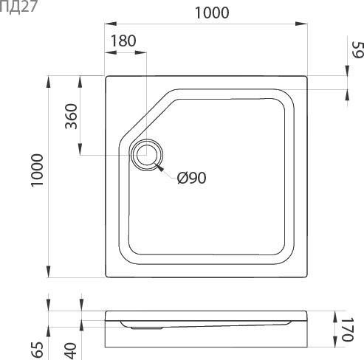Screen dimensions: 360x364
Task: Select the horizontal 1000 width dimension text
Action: pyautogui.click(x=210, y=13)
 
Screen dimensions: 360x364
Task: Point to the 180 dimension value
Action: pyautogui.click(x=123, y=41)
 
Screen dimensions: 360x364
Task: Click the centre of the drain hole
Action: pyautogui.click(x=146, y=155)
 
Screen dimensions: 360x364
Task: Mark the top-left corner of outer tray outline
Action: pyautogui.click(x=107, y=75)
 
